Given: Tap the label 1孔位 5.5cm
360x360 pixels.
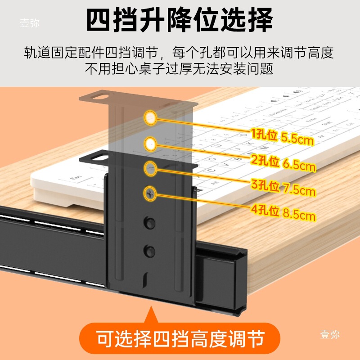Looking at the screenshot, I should (282, 136).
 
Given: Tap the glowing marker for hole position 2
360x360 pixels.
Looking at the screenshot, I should (150, 144).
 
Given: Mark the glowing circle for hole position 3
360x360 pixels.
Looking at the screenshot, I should (150, 169).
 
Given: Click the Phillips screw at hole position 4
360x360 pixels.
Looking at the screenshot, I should (150, 193).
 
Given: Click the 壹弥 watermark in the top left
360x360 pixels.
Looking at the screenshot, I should (30, 23).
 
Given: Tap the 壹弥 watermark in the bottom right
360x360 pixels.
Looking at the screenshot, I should (330, 334).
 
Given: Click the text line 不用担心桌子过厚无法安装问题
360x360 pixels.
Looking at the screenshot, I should (180, 69).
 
